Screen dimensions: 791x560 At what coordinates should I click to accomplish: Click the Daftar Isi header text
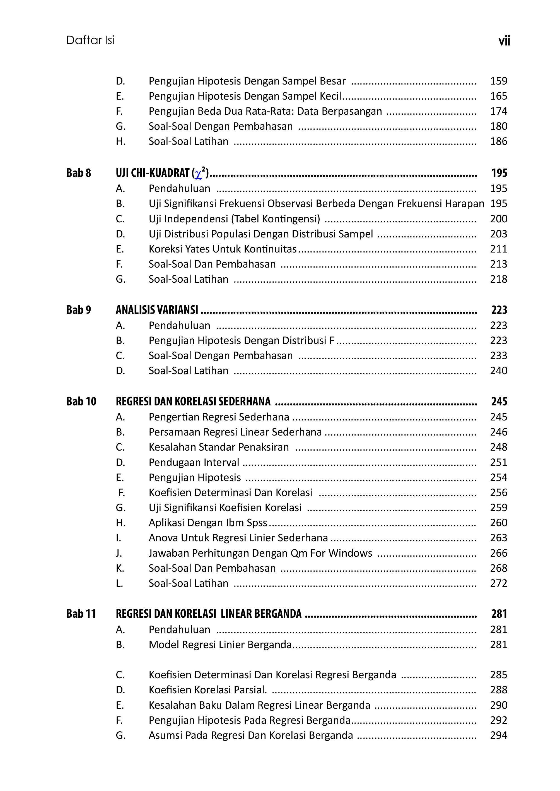tap(90, 40)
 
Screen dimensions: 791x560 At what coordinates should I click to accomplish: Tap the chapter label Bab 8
tap(79, 173)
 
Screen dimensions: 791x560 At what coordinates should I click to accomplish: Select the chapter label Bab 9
tap(79, 310)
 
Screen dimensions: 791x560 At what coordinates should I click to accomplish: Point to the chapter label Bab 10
tap(81, 401)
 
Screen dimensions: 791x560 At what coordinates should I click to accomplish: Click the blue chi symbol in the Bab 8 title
tap(198, 174)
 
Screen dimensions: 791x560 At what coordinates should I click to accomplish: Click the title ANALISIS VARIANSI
tap(157, 310)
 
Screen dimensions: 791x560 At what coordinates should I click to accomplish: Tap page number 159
tap(499, 81)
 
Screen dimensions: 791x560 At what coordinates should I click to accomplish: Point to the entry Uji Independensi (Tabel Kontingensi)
tap(234, 219)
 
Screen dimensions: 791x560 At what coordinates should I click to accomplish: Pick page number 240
tap(499, 371)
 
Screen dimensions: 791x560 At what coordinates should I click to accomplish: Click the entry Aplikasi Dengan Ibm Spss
tap(207, 523)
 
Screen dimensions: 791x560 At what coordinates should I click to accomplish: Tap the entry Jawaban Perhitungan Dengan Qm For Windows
tap(260, 553)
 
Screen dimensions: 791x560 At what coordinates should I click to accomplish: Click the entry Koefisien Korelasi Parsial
tap(207, 690)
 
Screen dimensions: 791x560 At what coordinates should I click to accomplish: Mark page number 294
tap(499, 735)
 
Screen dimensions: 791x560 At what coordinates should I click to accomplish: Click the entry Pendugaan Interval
tap(194, 462)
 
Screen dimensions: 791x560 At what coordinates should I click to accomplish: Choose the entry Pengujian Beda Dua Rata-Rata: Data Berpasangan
tap(265, 111)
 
